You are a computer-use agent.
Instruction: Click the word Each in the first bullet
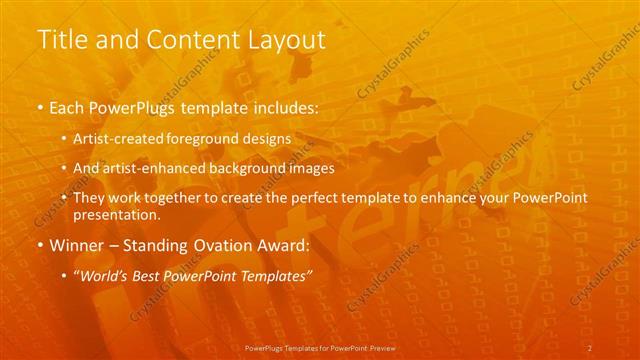click(x=69, y=107)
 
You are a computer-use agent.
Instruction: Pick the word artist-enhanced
click(x=153, y=169)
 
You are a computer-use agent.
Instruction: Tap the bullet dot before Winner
click(x=41, y=245)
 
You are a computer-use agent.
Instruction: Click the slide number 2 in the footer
click(x=590, y=347)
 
